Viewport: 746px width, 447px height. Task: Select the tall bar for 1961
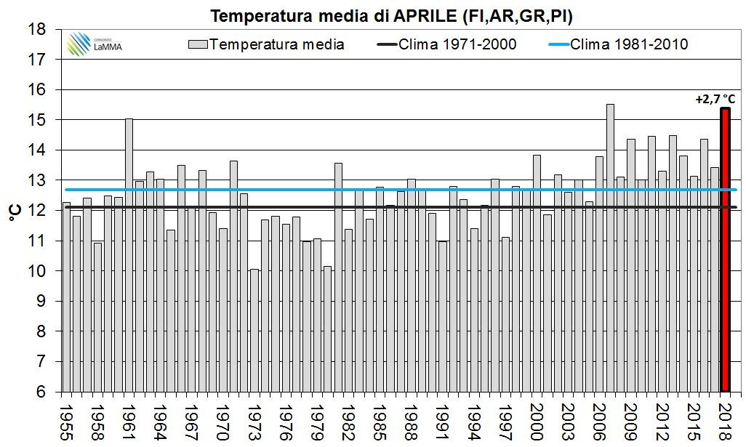(129, 254)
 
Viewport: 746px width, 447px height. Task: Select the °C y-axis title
(14, 211)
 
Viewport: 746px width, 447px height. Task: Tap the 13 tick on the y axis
(41, 180)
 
